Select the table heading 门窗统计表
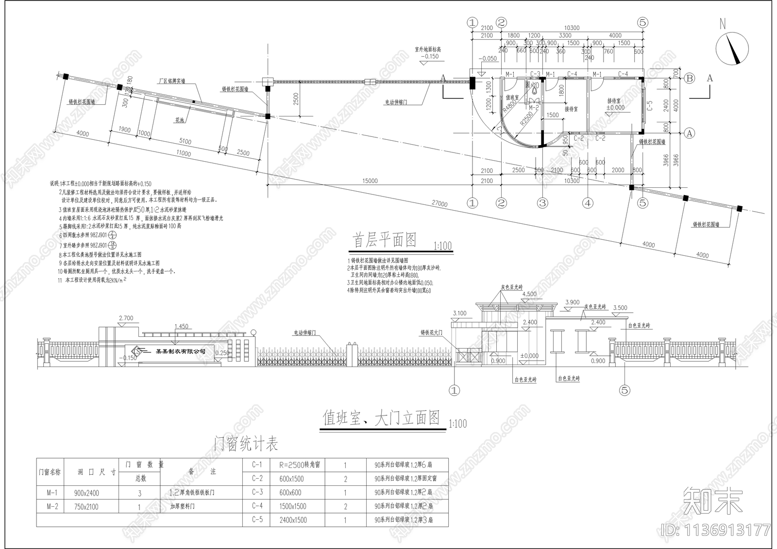pyautogui.click(x=246, y=443)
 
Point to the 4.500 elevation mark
pyautogui.click(x=529, y=294)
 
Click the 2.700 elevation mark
pyautogui.click(x=126, y=318)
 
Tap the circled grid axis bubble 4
pyautogui.click(x=588, y=203)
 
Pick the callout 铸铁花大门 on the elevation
pyautogui.click(x=433, y=333)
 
